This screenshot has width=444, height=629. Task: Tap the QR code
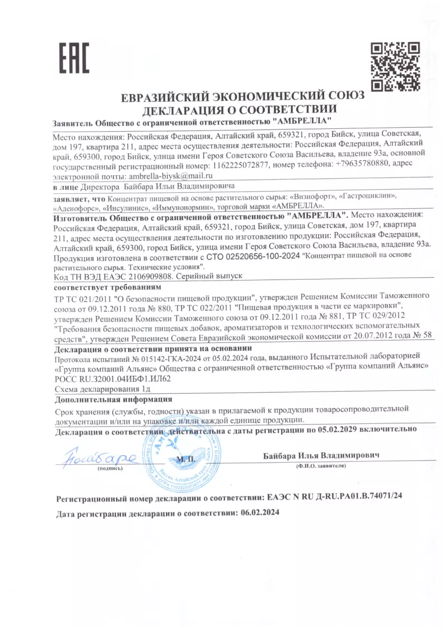[396, 66]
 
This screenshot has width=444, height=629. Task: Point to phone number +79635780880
[363, 165]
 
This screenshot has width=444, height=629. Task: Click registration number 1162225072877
[238, 165]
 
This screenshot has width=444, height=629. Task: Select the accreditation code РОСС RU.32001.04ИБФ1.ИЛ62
[112, 378]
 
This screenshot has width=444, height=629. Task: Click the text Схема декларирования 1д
[102, 389]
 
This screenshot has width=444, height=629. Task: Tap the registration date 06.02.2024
[259, 512]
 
